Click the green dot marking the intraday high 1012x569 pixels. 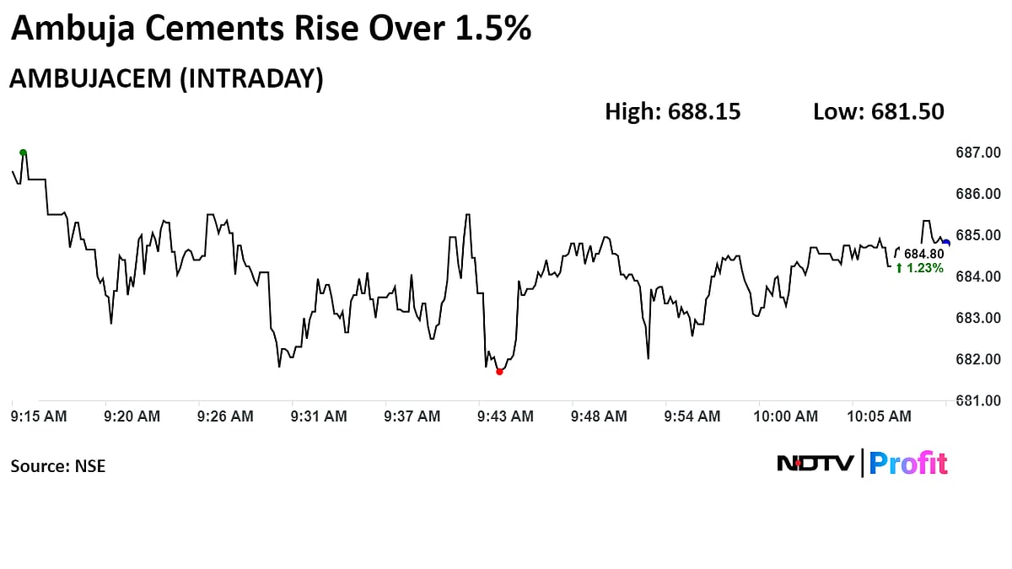pos(23,153)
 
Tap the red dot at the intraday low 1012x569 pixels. pos(499,371)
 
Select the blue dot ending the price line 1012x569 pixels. pos(945,243)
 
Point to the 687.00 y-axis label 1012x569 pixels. pos(977,153)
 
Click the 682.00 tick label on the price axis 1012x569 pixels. pos(977,359)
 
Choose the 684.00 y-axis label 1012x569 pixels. pos(977,276)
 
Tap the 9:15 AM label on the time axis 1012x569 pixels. pos(39,416)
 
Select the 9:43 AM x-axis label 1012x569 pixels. pos(504,416)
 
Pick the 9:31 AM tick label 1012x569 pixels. pos(318,416)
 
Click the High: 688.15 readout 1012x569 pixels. pos(672,111)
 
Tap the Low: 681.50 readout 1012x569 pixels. pos(878,111)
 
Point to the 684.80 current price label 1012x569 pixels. pos(924,254)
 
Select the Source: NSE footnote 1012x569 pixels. pos(58,465)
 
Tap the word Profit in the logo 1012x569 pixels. pos(908,463)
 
